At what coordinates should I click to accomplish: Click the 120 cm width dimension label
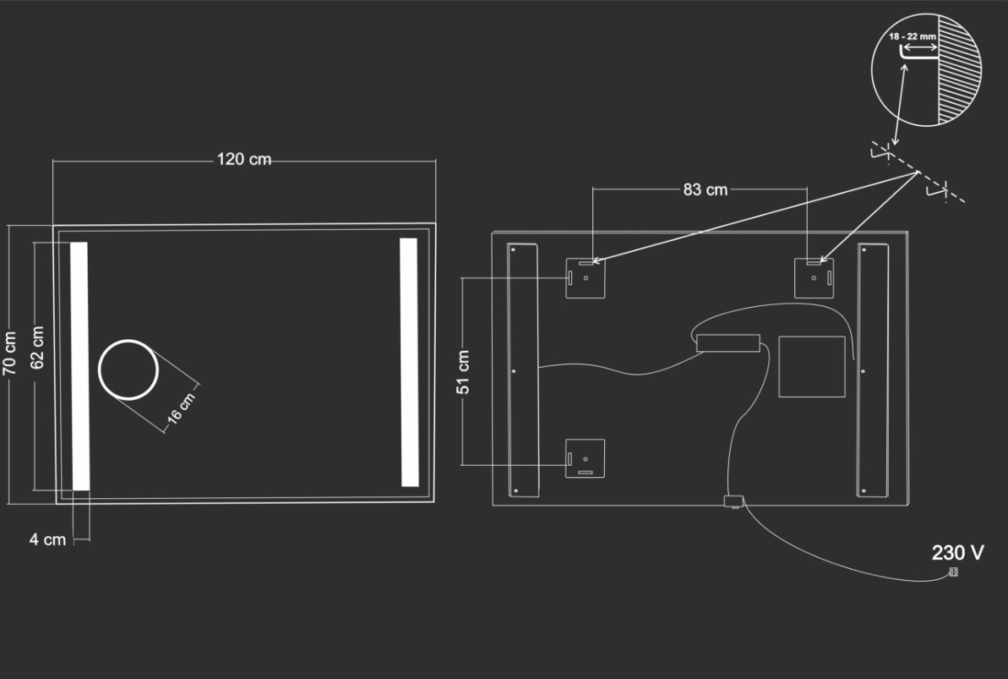coord(243,159)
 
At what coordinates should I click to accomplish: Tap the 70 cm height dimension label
coord(9,353)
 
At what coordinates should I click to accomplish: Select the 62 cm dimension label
coord(37,348)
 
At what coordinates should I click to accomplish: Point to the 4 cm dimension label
coord(47,539)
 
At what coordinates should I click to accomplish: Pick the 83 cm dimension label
coord(706,190)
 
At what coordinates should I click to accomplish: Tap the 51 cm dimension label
coord(463,372)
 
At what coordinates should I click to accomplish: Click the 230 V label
coord(957,552)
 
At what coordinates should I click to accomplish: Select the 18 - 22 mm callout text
coord(913,36)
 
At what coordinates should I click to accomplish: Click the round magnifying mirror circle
coord(128,341)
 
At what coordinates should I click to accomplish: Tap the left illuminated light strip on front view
coord(79,366)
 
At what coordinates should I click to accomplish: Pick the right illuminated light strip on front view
coord(409,363)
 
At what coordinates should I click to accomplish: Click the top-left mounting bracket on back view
coord(585,278)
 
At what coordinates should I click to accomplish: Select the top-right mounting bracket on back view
coord(814,278)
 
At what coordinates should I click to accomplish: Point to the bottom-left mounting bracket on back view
coord(585,458)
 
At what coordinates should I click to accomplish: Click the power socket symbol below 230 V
coord(953,572)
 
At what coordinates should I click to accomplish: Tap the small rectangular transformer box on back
coord(728,343)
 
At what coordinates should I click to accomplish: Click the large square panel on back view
coord(812,366)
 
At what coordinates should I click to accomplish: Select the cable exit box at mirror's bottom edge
coord(733,501)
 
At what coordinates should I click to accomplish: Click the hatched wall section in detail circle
coord(959,69)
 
